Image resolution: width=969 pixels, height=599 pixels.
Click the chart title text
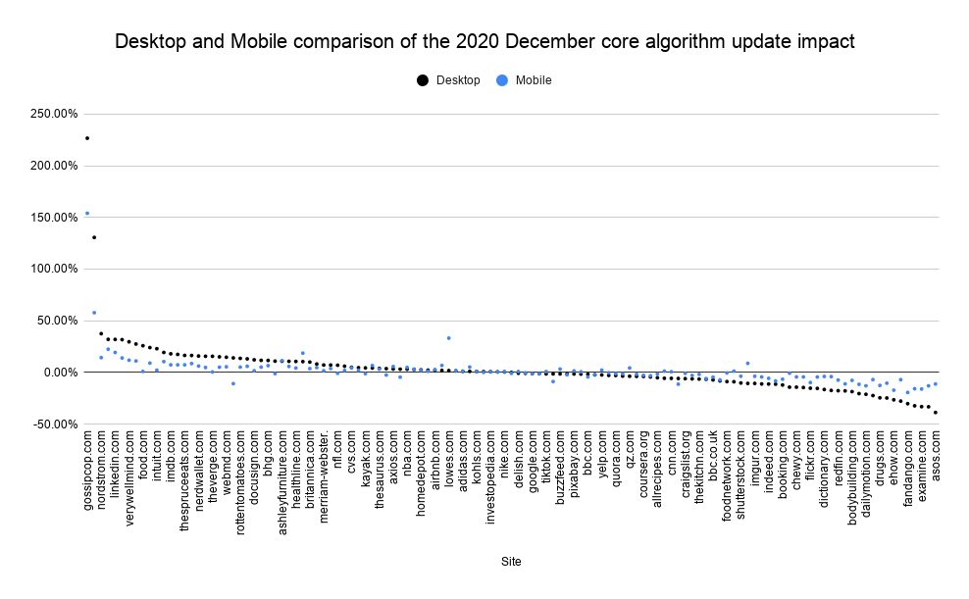484,42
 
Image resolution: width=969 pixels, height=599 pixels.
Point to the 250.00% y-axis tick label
54,114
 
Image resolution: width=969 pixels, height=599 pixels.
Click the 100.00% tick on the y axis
54,269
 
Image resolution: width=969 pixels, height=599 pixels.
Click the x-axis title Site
510,562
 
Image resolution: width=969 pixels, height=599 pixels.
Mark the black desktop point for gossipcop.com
86,138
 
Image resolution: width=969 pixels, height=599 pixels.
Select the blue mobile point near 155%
86,213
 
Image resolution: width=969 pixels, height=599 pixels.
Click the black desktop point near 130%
94,237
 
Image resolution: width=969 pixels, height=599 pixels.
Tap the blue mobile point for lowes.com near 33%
448,338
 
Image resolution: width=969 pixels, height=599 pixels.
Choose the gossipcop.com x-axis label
87,468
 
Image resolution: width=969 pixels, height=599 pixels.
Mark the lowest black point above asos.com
936,413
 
